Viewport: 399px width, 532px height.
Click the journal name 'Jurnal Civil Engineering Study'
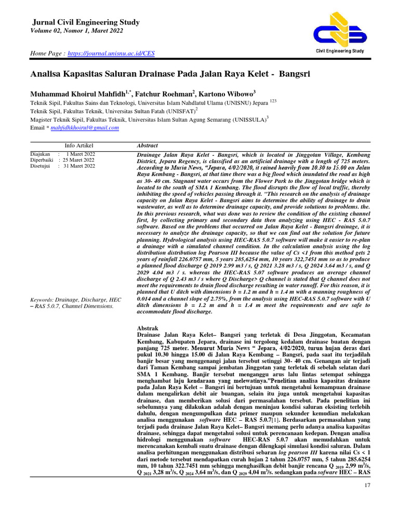pos(86,22)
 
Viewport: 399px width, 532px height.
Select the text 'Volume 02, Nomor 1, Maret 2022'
pos(78,31)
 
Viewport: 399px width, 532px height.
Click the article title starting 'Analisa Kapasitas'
pos(170,74)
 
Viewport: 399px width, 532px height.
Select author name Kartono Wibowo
pos(224,94)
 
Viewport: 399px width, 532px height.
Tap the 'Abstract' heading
pos(147,145)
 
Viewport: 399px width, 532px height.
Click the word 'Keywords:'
pos(42,300)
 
